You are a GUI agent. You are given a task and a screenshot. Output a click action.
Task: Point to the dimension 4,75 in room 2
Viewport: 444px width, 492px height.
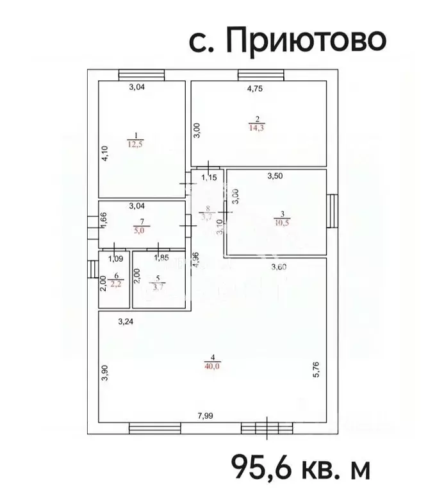(256, 89)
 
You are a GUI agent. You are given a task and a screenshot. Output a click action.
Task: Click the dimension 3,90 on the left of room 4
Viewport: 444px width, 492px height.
(104, 373)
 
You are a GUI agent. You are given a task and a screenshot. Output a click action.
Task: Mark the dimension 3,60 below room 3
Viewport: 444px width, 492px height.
(278, 267)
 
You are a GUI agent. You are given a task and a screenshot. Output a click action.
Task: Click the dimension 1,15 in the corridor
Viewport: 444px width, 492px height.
(210, 177)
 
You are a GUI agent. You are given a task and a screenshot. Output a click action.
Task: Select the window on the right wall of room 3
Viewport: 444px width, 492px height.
(333, 211)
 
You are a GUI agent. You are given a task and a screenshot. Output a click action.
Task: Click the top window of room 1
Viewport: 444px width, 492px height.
(139, 74)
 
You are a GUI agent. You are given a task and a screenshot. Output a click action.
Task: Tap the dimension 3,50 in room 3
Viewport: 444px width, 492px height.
(275, 176)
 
